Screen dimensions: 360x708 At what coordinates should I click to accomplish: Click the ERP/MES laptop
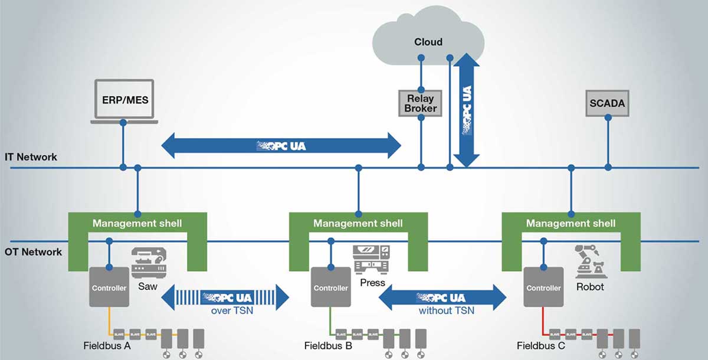[x=123, y=100]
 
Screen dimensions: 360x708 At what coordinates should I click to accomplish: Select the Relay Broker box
[x=421, y=103]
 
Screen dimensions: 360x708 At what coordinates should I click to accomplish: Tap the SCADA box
[x=607, y=104]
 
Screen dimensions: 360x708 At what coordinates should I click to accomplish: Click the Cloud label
[x=428, y=42]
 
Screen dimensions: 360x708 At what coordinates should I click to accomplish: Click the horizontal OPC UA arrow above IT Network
[x=281, y=145]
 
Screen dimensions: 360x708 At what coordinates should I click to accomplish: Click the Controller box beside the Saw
[x=109, y=287]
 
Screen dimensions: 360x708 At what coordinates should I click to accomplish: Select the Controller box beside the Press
[x=330, y=287]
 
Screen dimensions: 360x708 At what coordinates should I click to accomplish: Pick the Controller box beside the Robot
[x=543, y=287]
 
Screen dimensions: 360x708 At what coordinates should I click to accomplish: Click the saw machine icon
[x=148, y=262]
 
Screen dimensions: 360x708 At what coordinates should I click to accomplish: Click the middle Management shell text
[x=358, y=223]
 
